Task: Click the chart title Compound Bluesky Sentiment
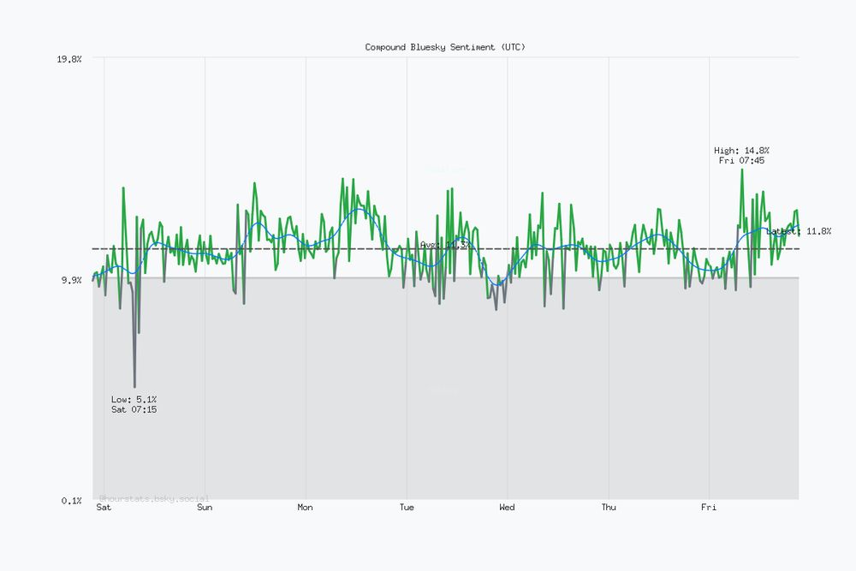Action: pos(445,47)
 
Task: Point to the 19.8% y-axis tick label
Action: pos(69,59)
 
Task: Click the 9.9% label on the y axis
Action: pos(71,280)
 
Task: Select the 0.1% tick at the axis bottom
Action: pos(71,500)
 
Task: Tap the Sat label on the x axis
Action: pos(104,508)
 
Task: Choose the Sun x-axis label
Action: pos(205,508)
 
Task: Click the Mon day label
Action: pos(305,508)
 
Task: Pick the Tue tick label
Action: pos(407,508)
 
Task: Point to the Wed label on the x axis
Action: pos(507,508)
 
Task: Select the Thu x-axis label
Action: pos(608,508)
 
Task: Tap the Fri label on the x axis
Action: pos(709,508)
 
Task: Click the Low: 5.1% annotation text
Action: pos(134,399)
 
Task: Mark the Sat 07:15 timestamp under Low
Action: pos(134,410)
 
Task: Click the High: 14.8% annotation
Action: pos(741,150)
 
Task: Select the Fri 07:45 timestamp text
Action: pos(741,160)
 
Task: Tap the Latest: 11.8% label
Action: pos(799,231)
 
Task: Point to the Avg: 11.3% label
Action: pos(444,245)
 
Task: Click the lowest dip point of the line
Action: pos(134,387)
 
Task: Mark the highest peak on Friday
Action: pos(741,170)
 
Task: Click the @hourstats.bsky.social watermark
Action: pos(154,497)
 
